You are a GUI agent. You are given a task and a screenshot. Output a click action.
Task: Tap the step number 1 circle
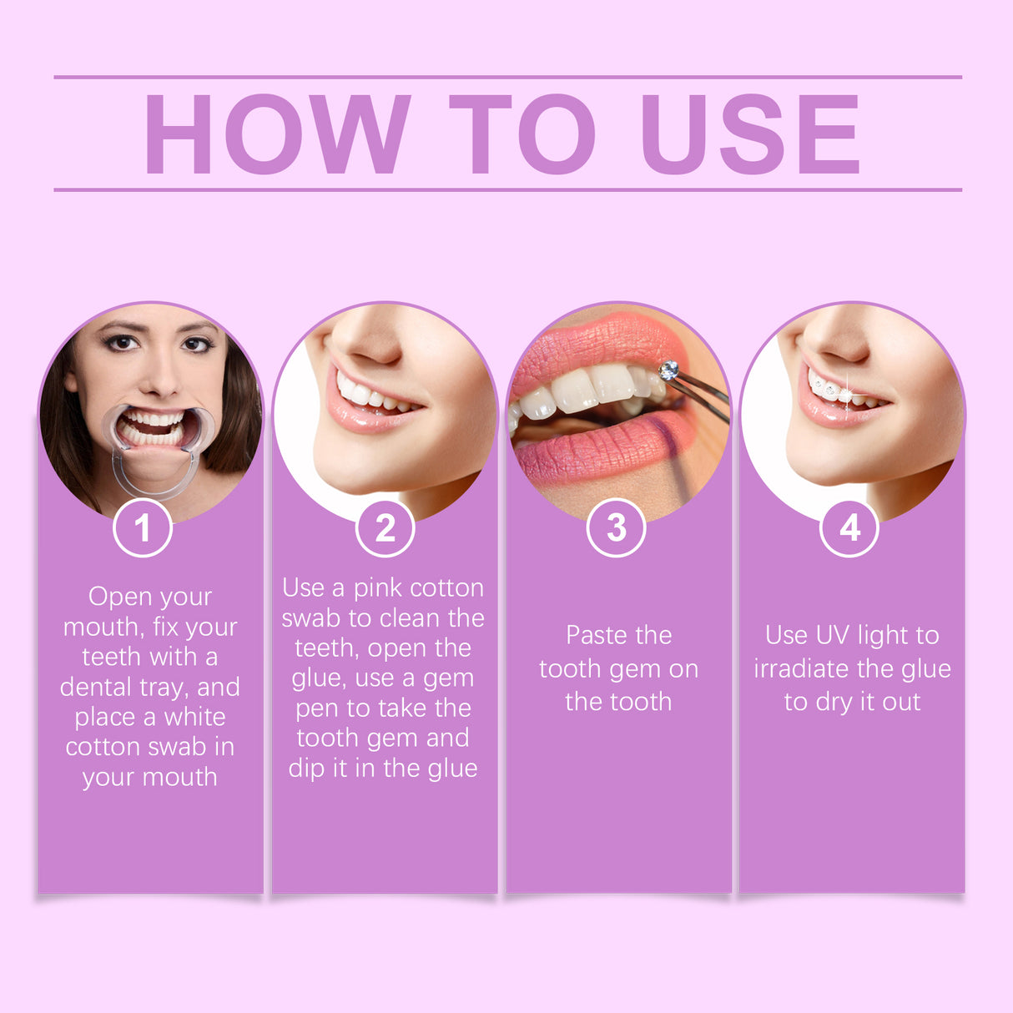(x=143, y=527)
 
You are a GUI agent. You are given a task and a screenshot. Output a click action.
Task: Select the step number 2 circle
(x=385, y=527)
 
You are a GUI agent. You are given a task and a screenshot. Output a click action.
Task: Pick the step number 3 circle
(x=616, y=527)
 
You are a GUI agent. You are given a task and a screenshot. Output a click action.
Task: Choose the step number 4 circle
(x=849, y=527)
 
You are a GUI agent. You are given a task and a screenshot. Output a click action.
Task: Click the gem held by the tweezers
(x=668, y=370)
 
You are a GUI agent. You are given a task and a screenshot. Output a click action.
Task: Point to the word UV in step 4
(x=832, y=635)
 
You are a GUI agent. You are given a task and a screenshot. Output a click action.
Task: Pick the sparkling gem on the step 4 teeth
(x=844, y=393)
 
